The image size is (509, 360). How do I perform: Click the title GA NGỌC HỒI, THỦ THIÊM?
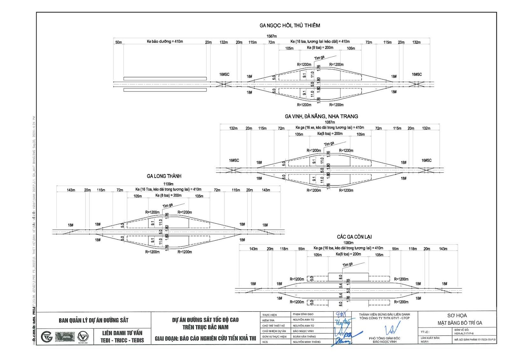tap(289, 25)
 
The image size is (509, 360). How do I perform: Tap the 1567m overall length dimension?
tap(271, 36)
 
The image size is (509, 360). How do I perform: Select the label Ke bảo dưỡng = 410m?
tap(165, 42)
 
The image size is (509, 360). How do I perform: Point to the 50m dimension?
tap(118, 42)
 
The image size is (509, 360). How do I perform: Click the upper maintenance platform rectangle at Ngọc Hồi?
tap(165, 79)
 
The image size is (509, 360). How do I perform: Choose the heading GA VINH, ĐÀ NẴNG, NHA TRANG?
tap(321, 116)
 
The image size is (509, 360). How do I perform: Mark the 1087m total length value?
tap(330, 122)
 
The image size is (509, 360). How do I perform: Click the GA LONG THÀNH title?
tap(164, 176)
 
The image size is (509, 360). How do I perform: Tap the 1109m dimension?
tap(168, 184)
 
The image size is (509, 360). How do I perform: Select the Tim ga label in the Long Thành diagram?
tap(168, 206)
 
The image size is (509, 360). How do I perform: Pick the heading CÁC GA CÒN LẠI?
tap(354, 237)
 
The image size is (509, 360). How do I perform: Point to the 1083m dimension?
tap(348, 243)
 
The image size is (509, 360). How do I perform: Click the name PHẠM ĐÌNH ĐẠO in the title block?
tap(303, 314)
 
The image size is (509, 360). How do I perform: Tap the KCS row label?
tap(265, 342)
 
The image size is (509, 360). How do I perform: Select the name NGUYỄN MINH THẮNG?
tap(307, 342)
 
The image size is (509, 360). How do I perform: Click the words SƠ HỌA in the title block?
tap(457, 315)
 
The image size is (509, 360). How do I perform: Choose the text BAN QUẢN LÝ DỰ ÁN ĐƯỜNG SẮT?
tap(94, 320)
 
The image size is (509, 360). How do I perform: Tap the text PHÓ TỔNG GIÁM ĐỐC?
tap(385, 338)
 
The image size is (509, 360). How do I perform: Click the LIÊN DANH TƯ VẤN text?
tap(122, 333)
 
